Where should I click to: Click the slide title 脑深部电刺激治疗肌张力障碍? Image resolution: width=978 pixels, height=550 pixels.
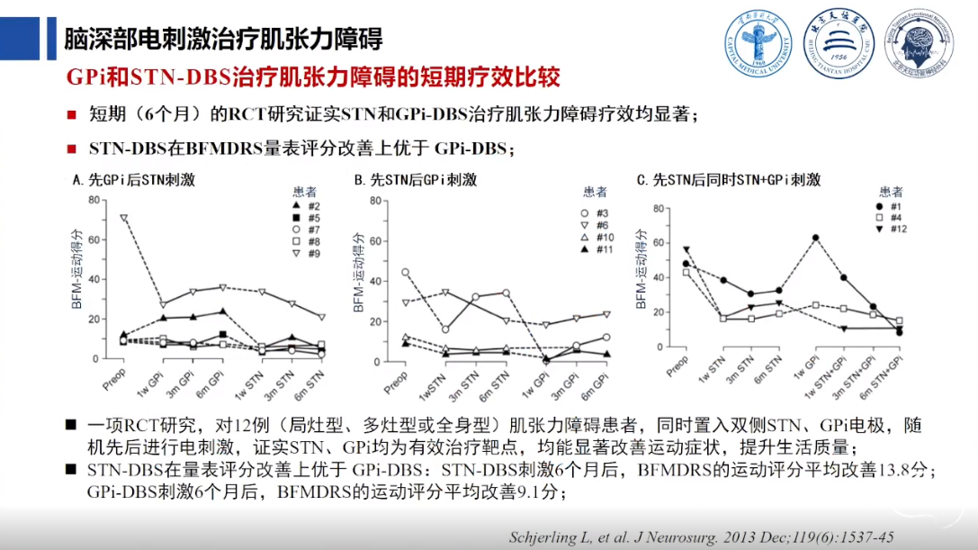224,40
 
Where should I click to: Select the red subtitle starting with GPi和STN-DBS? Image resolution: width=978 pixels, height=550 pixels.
314,77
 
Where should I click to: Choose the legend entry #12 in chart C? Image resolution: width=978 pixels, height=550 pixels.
892,230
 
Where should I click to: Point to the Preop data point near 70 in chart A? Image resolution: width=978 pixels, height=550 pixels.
124,218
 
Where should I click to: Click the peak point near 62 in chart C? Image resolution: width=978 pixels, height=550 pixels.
815,238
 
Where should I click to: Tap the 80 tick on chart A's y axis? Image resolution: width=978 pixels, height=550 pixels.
93,199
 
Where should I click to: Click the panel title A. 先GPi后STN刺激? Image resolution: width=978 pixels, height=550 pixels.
133,180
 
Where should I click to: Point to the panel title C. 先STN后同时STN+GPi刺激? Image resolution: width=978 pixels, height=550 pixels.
728,180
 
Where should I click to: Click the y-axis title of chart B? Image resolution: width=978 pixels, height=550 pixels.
358,278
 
